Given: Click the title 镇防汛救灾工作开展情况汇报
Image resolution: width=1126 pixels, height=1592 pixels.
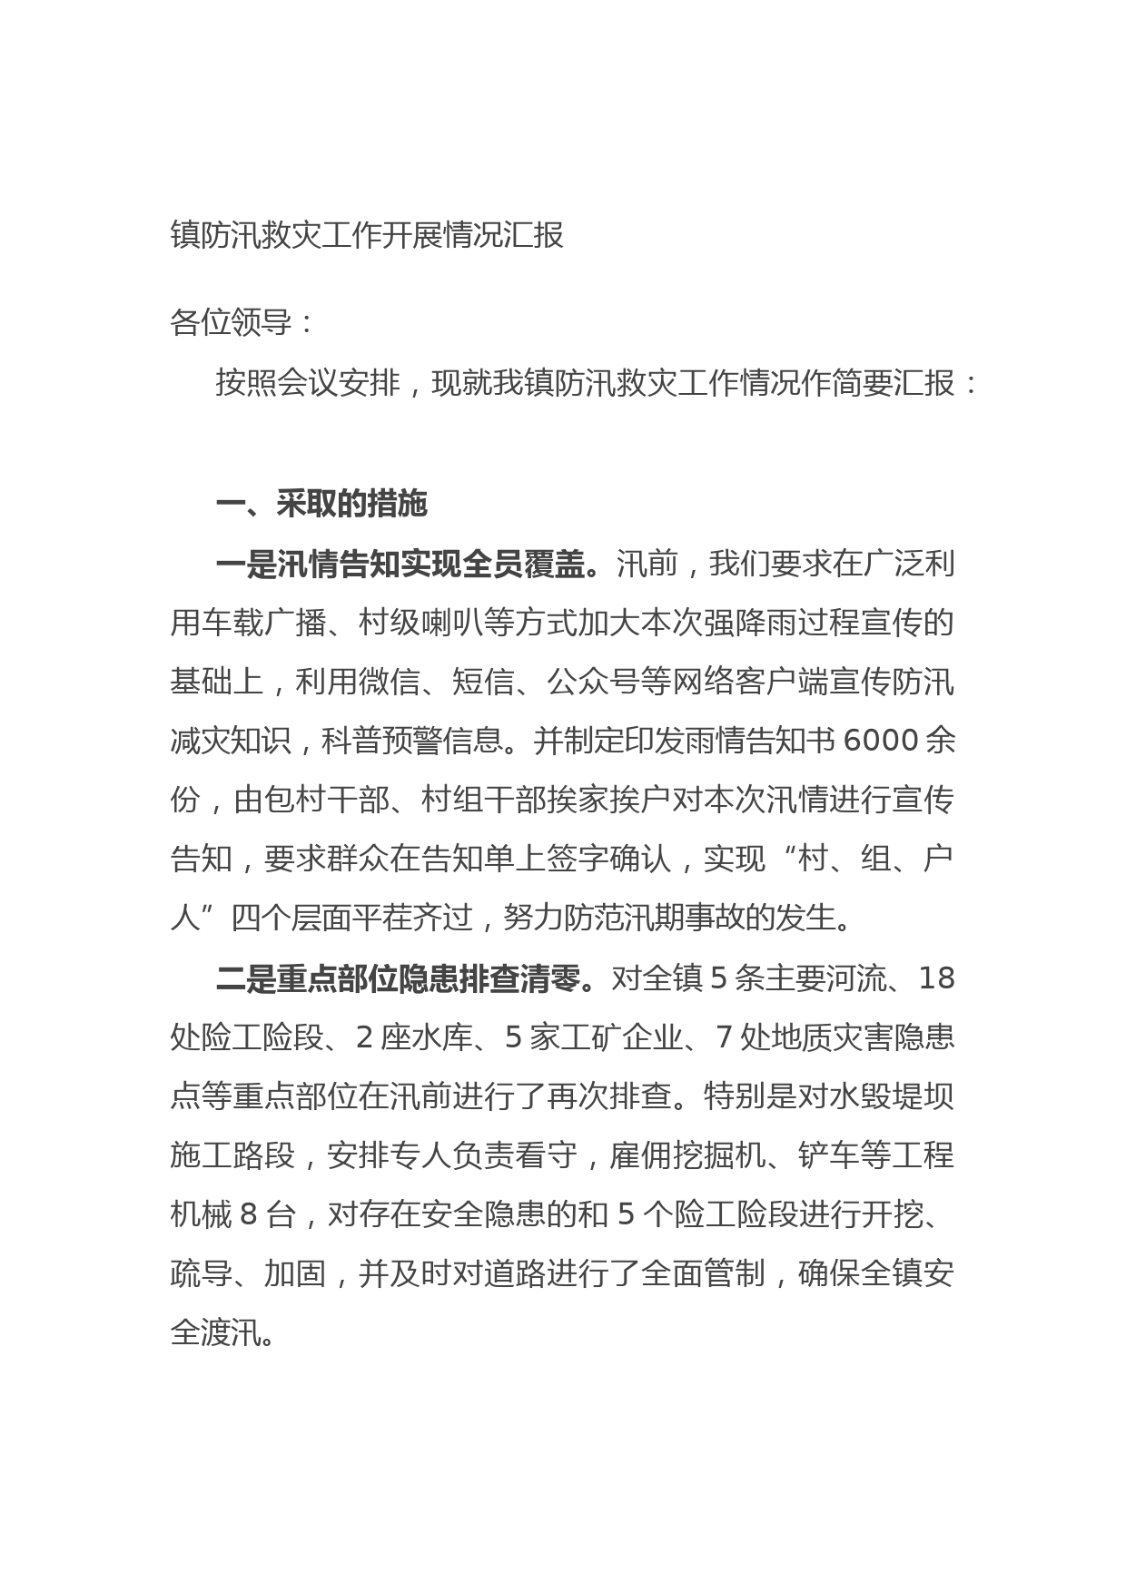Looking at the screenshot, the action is pyautogui.click(x=367, y=235).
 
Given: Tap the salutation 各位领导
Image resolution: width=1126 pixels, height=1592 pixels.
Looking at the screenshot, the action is pyautogui.click(x=231, y=322).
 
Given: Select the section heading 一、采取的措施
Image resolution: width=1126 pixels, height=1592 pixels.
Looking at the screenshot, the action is pyautogui.click(x=321, y=504).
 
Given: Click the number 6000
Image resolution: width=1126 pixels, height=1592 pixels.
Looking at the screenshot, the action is pyautogui.click(x=881, y=741).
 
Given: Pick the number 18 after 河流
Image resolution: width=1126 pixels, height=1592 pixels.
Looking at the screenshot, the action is pyautogui.click(x=937, y=978).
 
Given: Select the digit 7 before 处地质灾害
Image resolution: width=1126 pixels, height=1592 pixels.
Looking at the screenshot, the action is pyautogui.click(x=724, y=1037).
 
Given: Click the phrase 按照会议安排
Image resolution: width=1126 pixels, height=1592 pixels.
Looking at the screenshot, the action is pyautogui.click(x=307, y=384).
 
